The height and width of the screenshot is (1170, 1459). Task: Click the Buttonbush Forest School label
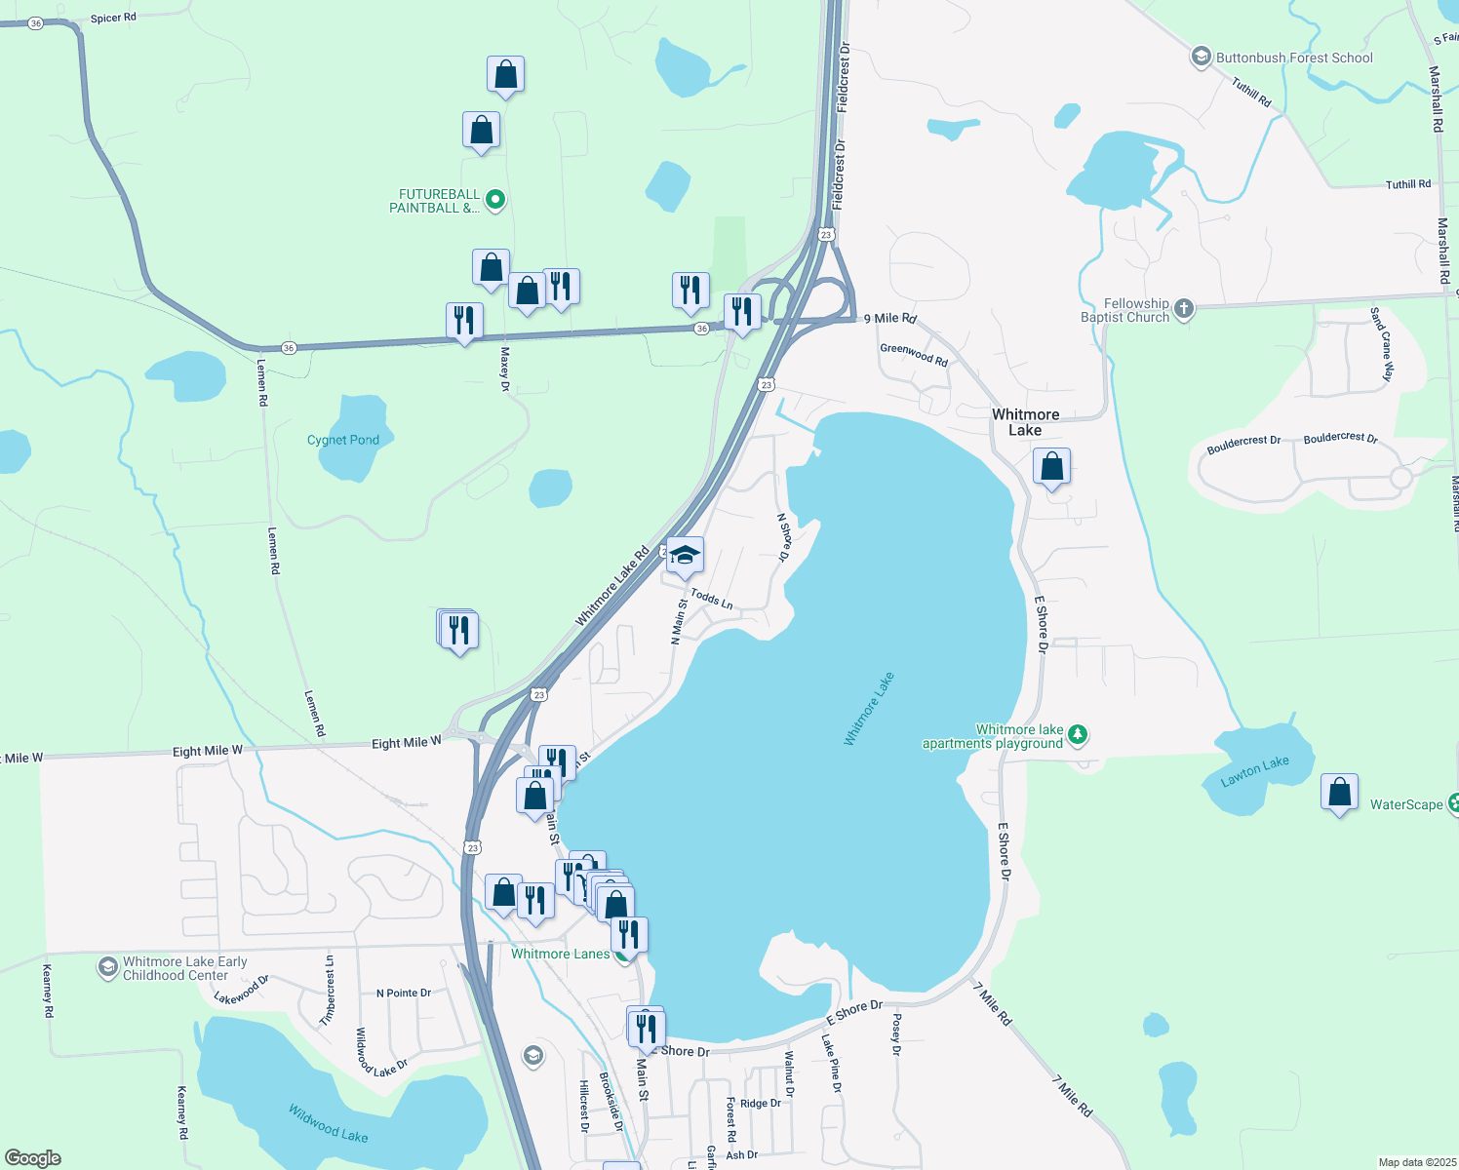(1293, 58)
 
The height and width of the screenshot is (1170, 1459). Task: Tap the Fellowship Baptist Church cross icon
(1184, 309)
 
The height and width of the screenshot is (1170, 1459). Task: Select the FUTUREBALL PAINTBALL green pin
(495, 200)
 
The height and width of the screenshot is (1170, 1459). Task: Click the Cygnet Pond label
(343, 440)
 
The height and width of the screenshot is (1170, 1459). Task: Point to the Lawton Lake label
(1255, 770)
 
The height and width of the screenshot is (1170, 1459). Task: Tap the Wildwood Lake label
(328, 1122)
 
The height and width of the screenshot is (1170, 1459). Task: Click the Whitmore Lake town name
(1025, 422)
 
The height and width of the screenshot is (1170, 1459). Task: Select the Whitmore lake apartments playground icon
(1078, 734)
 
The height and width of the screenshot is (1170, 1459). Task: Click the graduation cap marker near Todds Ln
(685, 556)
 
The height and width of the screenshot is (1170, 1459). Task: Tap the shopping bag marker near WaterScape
(1339, 793)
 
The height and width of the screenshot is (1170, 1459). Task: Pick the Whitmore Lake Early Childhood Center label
(184, 968)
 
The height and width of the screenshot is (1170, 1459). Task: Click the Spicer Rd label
(113, 18)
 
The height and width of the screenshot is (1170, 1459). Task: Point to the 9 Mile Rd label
(889, 319)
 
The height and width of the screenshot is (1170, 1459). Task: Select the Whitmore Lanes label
(560, 954)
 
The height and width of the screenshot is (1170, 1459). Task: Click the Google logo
(33, 1158)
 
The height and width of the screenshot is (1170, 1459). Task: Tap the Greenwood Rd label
(914, 355)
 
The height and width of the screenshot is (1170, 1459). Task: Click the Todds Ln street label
(711, 599)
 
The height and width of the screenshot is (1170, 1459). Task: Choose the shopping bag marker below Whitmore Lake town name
(1051, 467)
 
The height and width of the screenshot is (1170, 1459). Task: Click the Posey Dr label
(895, 1034)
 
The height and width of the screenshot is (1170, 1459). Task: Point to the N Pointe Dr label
(404, 994)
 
